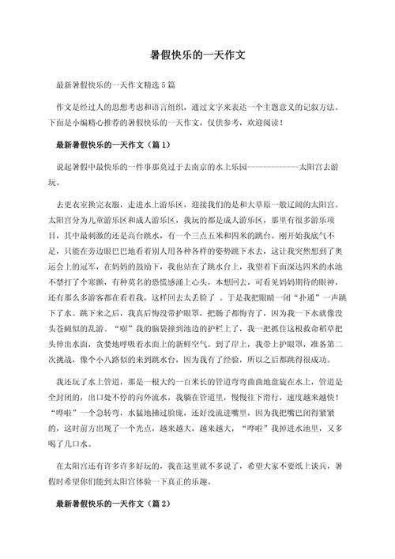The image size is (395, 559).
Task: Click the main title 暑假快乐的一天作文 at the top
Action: point(197,57)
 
